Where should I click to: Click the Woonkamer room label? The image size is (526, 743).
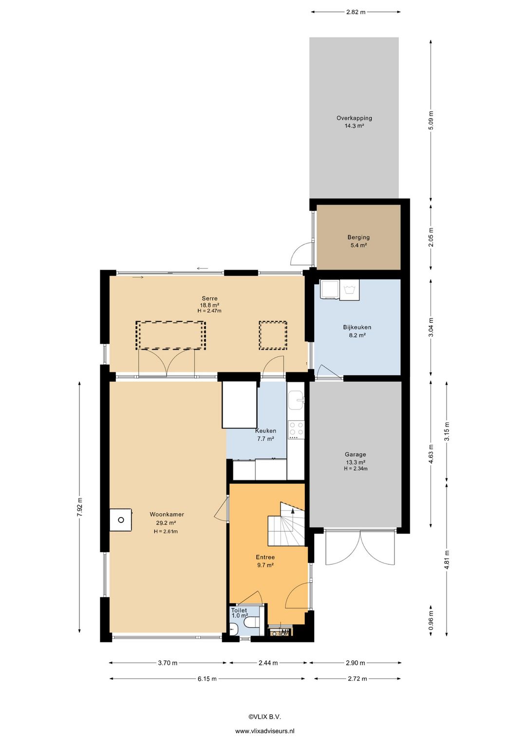coord(167,514)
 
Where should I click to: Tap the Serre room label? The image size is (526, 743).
coord(209,298)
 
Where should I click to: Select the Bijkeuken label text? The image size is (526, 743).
coord(357,327)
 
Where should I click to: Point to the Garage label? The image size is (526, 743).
coord(355,454)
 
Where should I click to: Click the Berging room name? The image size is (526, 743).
coord(358,237)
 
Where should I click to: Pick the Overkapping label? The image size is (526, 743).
coord(354,118)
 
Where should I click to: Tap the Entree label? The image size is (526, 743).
coord(265,557)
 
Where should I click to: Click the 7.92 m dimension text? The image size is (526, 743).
coord(80,507)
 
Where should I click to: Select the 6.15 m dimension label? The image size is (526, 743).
coord(207,679)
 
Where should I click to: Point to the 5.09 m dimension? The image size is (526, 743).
coord(431,120)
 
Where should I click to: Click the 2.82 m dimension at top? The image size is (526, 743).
coord(356,12)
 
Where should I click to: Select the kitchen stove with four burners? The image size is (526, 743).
coord(296,430)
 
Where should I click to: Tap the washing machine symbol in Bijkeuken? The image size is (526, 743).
coord(350,290)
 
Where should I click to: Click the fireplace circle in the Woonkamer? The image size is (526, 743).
coord(121,520)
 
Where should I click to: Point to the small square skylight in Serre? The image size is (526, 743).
coord(273,335)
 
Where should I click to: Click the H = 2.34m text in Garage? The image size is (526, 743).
coord(356,469)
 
